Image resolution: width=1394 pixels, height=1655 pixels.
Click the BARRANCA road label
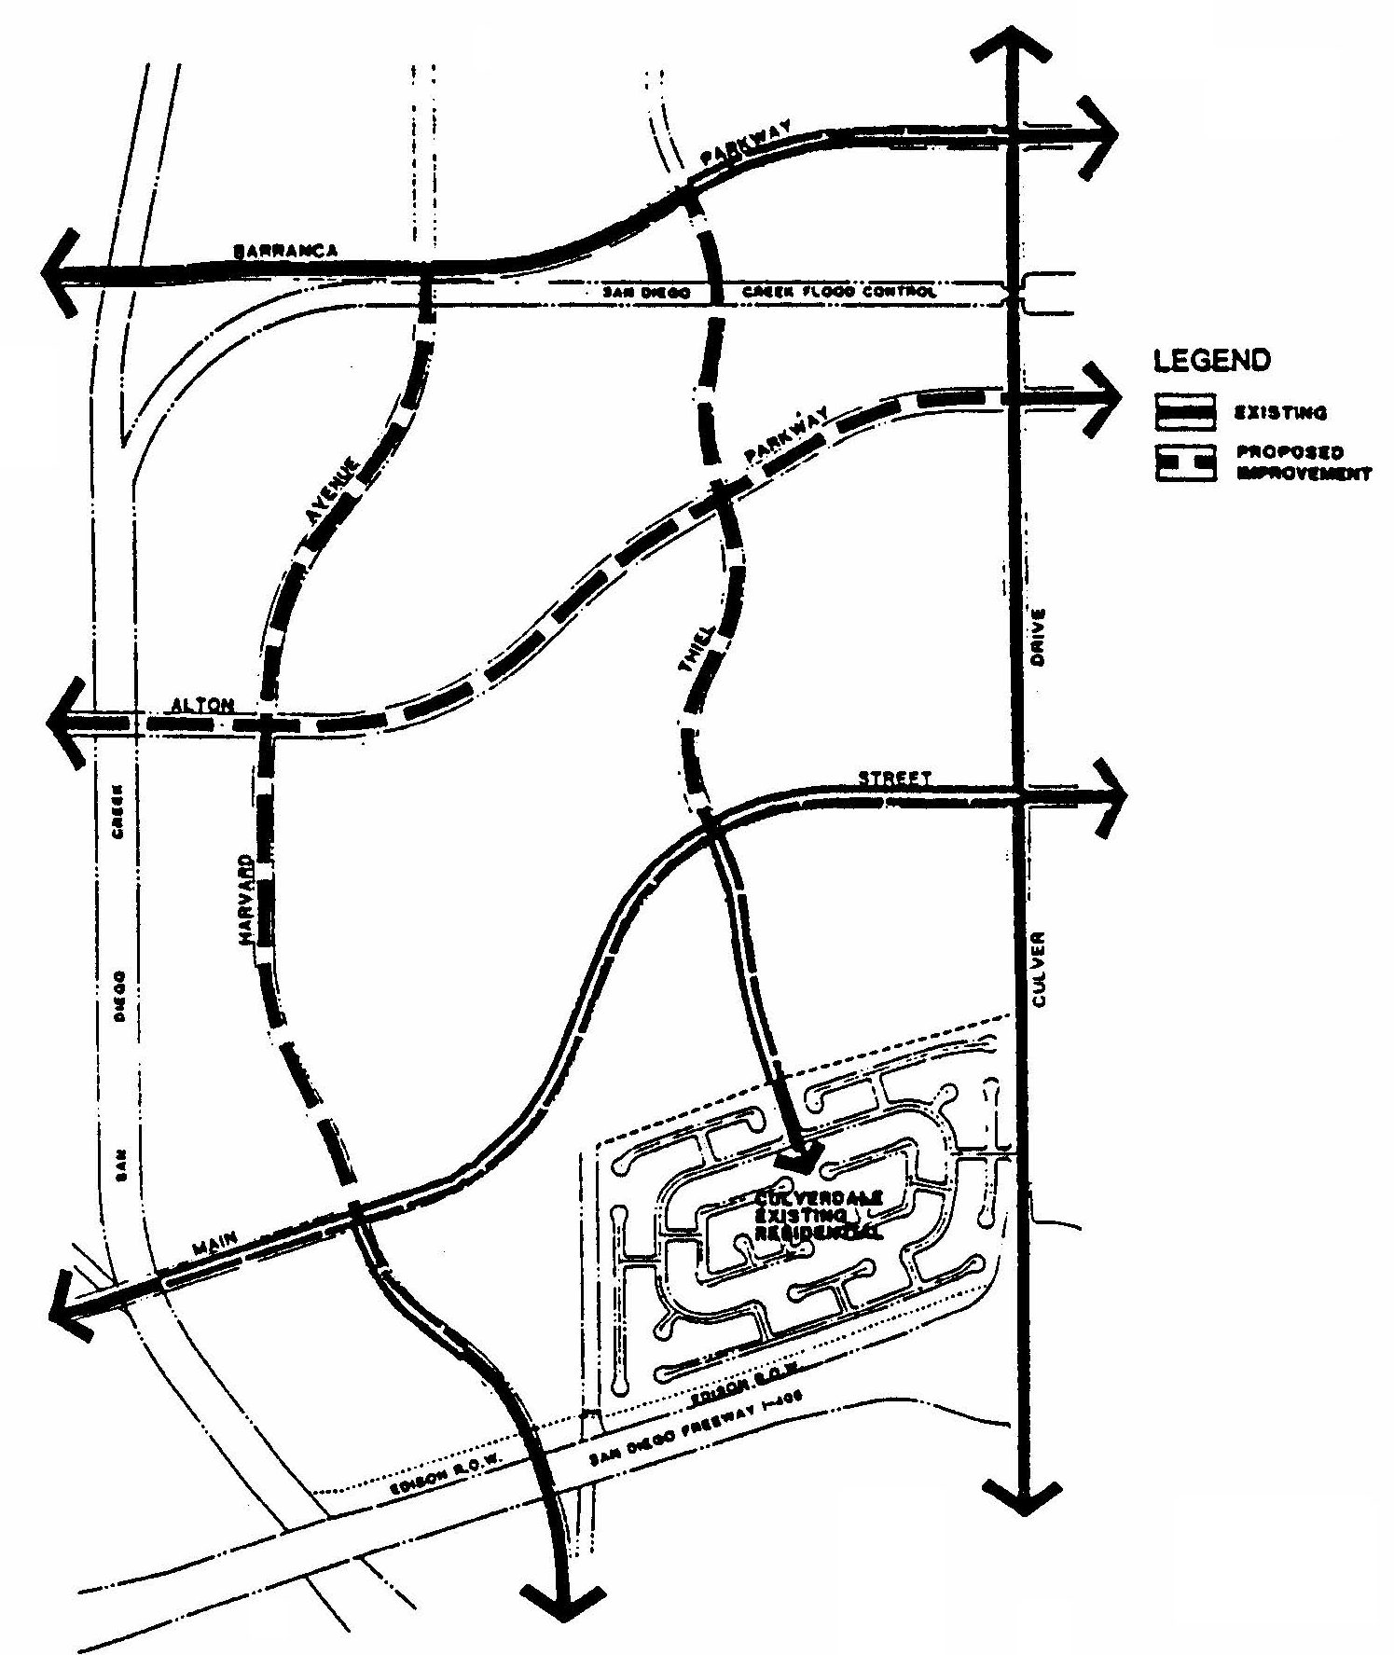point(285,251)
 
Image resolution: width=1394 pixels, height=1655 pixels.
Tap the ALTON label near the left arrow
point(203,705)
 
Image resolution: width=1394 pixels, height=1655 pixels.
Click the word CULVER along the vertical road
point(1041,969)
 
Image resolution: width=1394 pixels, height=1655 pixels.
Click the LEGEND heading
point(1211,360)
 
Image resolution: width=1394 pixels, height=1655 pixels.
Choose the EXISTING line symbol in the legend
point(1185,411)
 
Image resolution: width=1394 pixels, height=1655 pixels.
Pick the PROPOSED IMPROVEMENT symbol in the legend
point(1185,462)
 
